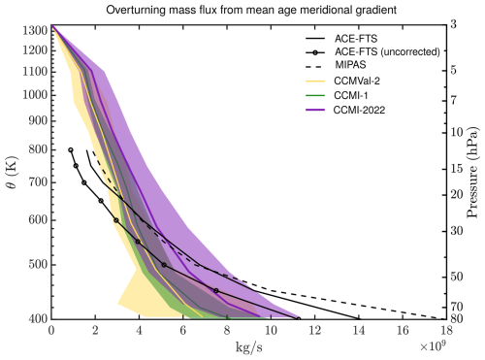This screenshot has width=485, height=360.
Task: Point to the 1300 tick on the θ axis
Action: pos(32,29)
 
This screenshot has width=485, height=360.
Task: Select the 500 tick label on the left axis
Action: pos(35,263)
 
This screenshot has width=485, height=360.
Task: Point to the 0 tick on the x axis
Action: pos(51,330)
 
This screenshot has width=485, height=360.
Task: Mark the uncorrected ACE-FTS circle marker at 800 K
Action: pos(71,149)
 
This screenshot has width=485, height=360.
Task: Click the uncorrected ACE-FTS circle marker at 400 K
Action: pos(298,318)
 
